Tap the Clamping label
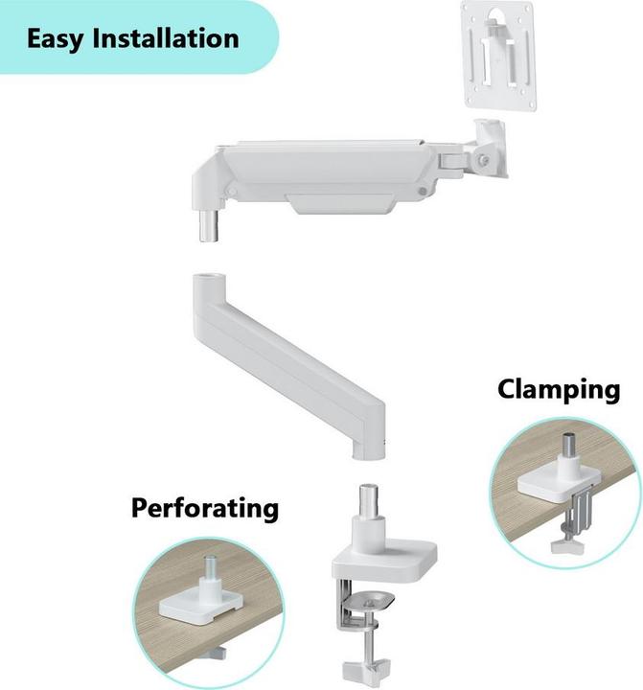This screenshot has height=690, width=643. coord(558,390)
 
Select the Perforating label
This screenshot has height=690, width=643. coord(205,507)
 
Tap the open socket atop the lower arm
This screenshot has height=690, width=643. coord(205,286)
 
